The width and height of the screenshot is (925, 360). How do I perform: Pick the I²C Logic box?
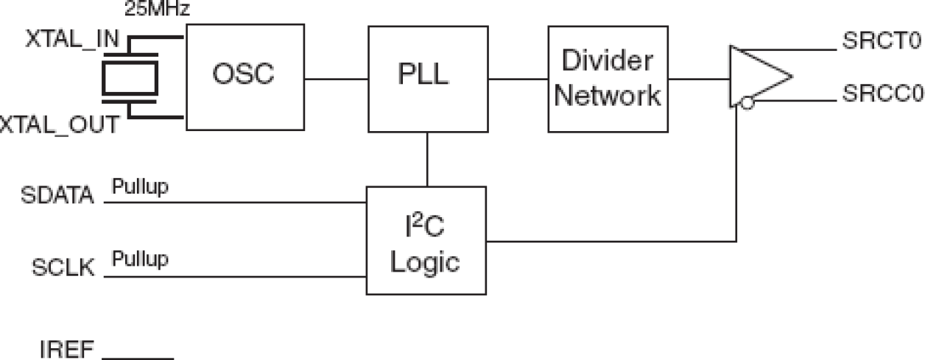tap(426, 241)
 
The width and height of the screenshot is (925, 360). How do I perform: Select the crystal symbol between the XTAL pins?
tap(130, 76)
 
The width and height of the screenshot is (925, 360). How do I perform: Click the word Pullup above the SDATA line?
tap(140, 187)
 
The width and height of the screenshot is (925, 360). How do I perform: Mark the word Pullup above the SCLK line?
tap(140, 259)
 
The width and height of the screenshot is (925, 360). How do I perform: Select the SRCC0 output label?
tap(882, 96)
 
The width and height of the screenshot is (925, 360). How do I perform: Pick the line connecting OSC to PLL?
tap(336, 78)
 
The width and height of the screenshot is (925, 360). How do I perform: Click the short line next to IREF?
tap(138, 359)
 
